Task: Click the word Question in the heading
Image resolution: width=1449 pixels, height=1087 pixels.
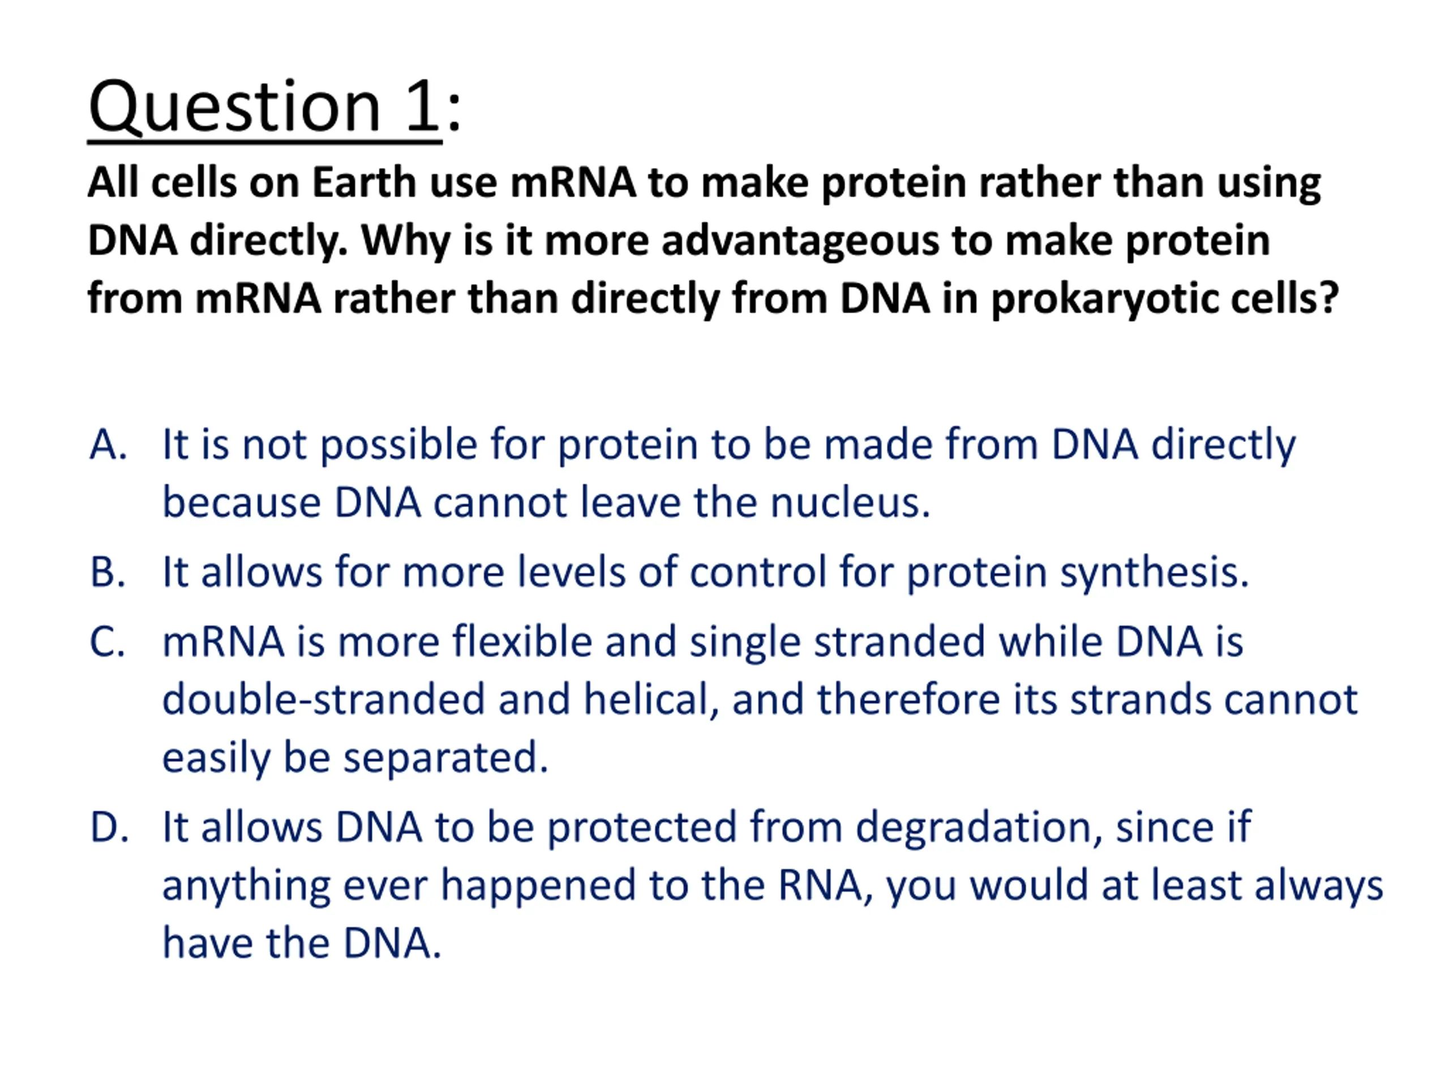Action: point(234,108)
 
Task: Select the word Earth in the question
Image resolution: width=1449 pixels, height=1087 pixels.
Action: point(363,182)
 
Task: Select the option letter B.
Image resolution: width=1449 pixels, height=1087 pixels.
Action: point(108,571)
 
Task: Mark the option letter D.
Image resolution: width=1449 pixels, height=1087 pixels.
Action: point(109,827)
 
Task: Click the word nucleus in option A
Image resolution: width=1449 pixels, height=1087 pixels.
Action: point(850,503)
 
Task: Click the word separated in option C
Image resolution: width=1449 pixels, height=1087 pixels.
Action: point(445,759)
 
